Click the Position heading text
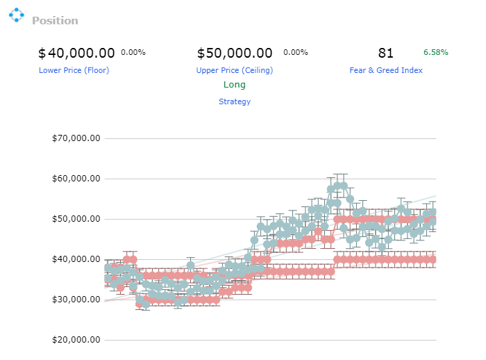coord(55,21)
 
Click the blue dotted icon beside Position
coord(17,15)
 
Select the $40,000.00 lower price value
coord(76,53)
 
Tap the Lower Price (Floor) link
coord(74,70)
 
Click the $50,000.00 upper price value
coord(235,53)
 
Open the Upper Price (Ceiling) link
coord(235,70)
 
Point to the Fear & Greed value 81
coord(385,53)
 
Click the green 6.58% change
coord(436,52)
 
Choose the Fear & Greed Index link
coord(386,70)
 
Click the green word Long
coord(235,84)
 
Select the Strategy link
coord(235,101)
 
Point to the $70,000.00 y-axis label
coord(76,138)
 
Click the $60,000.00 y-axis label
coord(76,179)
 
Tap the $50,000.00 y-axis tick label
coord(76,219)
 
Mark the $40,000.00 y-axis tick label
coord(76,259)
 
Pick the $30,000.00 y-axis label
coord(76,300)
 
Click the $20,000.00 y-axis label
coord(76,340)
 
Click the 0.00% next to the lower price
coord(133,52)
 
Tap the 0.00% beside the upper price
coord(296,52)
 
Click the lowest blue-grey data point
coord(146,304)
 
